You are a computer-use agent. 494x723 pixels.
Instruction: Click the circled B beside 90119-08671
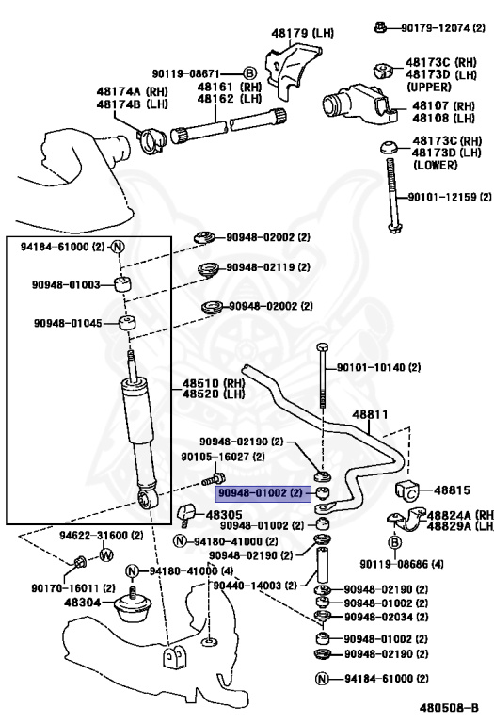tap(249, 72)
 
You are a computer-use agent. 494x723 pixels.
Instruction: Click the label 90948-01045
tap(66, 323)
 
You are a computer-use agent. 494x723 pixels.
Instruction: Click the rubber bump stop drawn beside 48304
tap(129, 611)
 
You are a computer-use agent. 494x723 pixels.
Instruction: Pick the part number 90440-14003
tap(247, 586)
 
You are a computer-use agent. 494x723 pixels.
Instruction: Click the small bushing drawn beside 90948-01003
tap(120, 285)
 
